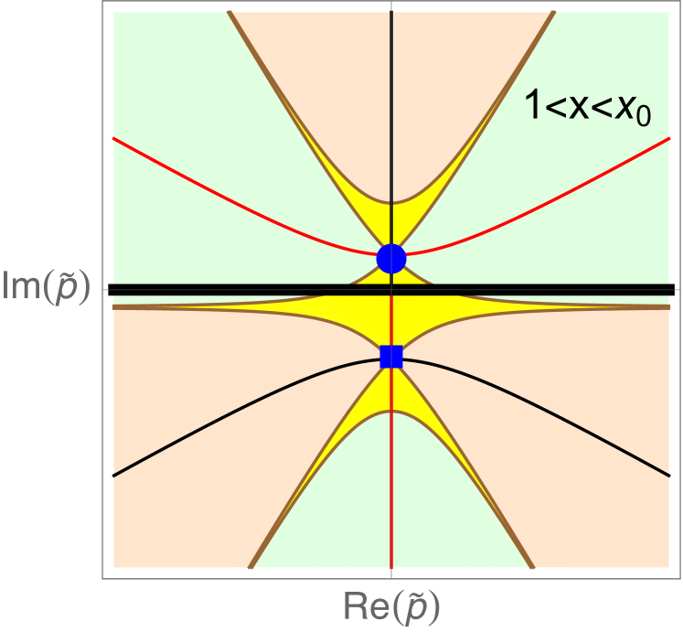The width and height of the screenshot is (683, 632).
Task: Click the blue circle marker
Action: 391,259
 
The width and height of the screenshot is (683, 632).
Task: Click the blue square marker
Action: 391,357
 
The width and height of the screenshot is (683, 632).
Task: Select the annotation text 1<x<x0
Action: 586,110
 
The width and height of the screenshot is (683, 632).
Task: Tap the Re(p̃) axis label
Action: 390,605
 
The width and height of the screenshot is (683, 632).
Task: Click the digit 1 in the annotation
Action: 530,108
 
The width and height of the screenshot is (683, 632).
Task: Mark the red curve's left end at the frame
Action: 114,138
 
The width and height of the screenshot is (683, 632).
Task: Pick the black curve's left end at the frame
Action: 114,476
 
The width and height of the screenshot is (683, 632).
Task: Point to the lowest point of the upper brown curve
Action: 391,203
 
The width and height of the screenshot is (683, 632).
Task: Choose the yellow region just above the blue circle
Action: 391,224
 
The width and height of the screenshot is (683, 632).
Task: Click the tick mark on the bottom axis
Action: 391,573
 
